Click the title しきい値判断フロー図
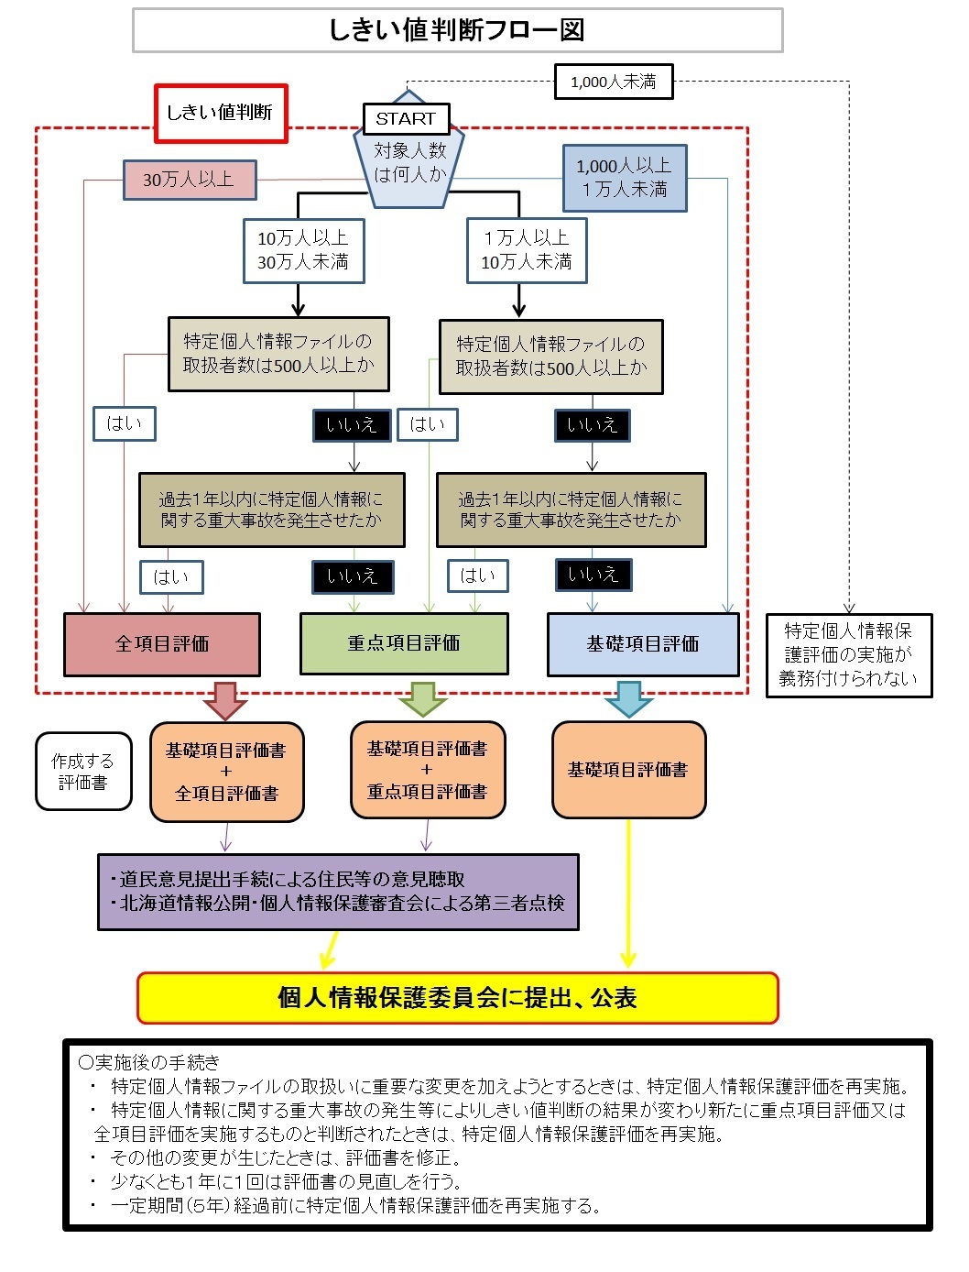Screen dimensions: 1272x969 point(457,30)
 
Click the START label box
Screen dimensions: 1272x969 point(406,118)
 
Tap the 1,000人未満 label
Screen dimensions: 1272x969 point(614,82)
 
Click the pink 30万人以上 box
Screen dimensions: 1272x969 point(190,180)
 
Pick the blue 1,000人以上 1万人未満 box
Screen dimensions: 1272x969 point(624,178)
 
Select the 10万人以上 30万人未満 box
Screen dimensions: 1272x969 point(303,250)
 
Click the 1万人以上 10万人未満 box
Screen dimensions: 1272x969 point(527,250)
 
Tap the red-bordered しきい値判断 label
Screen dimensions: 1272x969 point(221,114)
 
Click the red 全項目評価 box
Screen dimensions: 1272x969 point(162,644)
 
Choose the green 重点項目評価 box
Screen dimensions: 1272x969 point(404,643)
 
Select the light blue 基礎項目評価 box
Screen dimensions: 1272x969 point(643,644)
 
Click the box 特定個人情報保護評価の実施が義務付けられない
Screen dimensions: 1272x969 point(848,655)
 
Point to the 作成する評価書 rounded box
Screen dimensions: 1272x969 point(83,772)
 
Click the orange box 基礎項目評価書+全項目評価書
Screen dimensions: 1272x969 point(226,772)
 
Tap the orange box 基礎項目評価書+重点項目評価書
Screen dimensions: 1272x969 point(427,770)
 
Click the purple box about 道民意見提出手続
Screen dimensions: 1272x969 point(338,892)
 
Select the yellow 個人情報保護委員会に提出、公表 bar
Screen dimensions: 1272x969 point(457,998)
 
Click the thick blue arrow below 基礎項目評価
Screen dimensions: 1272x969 point(628,699)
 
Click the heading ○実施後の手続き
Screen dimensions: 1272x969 point(150,1063)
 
